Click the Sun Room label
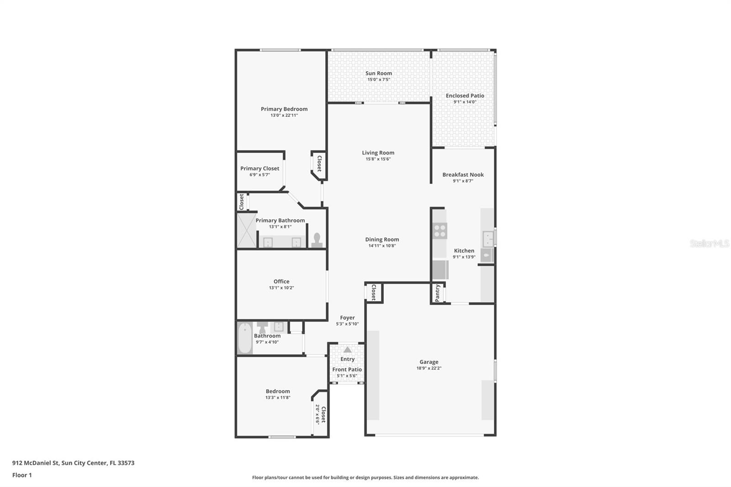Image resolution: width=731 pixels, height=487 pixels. [x=379, y=74]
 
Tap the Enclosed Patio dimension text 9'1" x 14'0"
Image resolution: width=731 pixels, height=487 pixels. [x=465, y=102]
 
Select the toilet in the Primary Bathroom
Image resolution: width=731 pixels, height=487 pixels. [x=317, y=240]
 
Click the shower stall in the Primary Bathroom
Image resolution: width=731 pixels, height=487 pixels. [x=246, y=230]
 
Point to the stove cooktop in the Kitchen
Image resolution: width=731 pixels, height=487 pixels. [x=440, y=231]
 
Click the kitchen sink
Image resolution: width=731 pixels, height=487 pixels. [x=488, y=239]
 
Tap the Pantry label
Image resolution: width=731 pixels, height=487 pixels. [x=437, y=293]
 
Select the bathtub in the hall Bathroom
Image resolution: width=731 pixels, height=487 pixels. [x=245, y=338]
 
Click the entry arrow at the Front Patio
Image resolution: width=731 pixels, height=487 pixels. [x=348, y=349]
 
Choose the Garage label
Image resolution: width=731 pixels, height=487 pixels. [x=429, y=362]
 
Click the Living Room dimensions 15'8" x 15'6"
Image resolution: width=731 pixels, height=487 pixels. [x=378, y=159]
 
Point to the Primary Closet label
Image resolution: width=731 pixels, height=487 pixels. [x=260, y=169]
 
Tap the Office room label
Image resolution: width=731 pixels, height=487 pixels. [x=281, y=281]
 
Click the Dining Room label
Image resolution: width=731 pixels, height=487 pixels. [x=382, y=239]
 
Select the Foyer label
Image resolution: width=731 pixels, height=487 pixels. [x=347, y=318]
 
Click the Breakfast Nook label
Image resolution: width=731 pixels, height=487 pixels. [x=463, y=175]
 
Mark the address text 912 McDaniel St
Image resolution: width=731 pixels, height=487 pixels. [x=36, y=463]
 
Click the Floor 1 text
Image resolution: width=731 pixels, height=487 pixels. [x=22, y=475]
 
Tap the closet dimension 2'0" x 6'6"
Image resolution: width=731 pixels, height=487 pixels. [x=317, y=414]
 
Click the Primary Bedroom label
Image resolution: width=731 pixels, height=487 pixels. [x=284, y=109]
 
